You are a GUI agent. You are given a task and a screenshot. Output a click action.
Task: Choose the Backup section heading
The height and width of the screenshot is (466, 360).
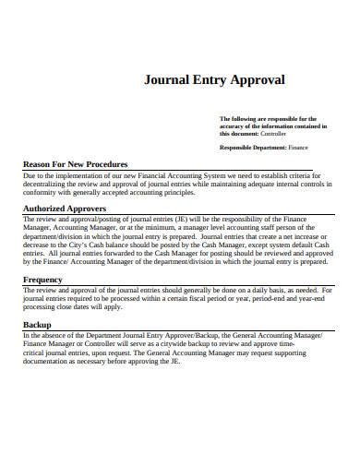coord(37,326)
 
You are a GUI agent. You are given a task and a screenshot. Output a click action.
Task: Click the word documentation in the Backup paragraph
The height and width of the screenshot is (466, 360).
coord(47,363)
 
